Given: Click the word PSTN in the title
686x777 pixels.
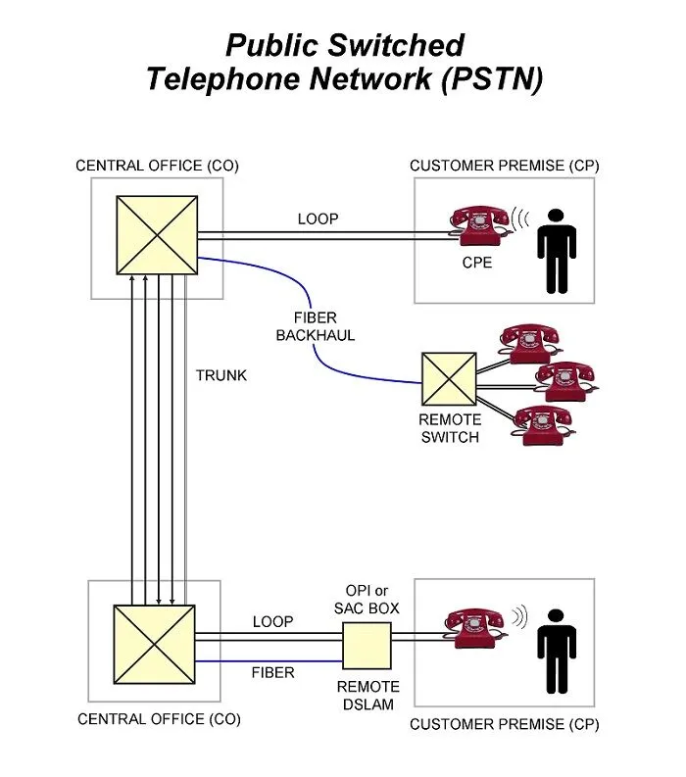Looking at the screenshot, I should tap(490, 78).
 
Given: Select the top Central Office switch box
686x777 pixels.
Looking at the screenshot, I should tap(157, 236).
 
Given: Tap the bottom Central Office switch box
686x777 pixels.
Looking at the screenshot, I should tap(155, 645).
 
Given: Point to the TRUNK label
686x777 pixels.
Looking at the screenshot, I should tap(221, 375).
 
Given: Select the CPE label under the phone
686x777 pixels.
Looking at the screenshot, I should tap(479, 263).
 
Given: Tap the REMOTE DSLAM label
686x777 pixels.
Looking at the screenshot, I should tap(367, 696).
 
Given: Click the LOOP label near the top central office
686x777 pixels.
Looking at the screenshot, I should tap(318, 219).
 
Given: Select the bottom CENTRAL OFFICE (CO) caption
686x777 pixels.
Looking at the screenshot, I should tap(158, 719).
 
